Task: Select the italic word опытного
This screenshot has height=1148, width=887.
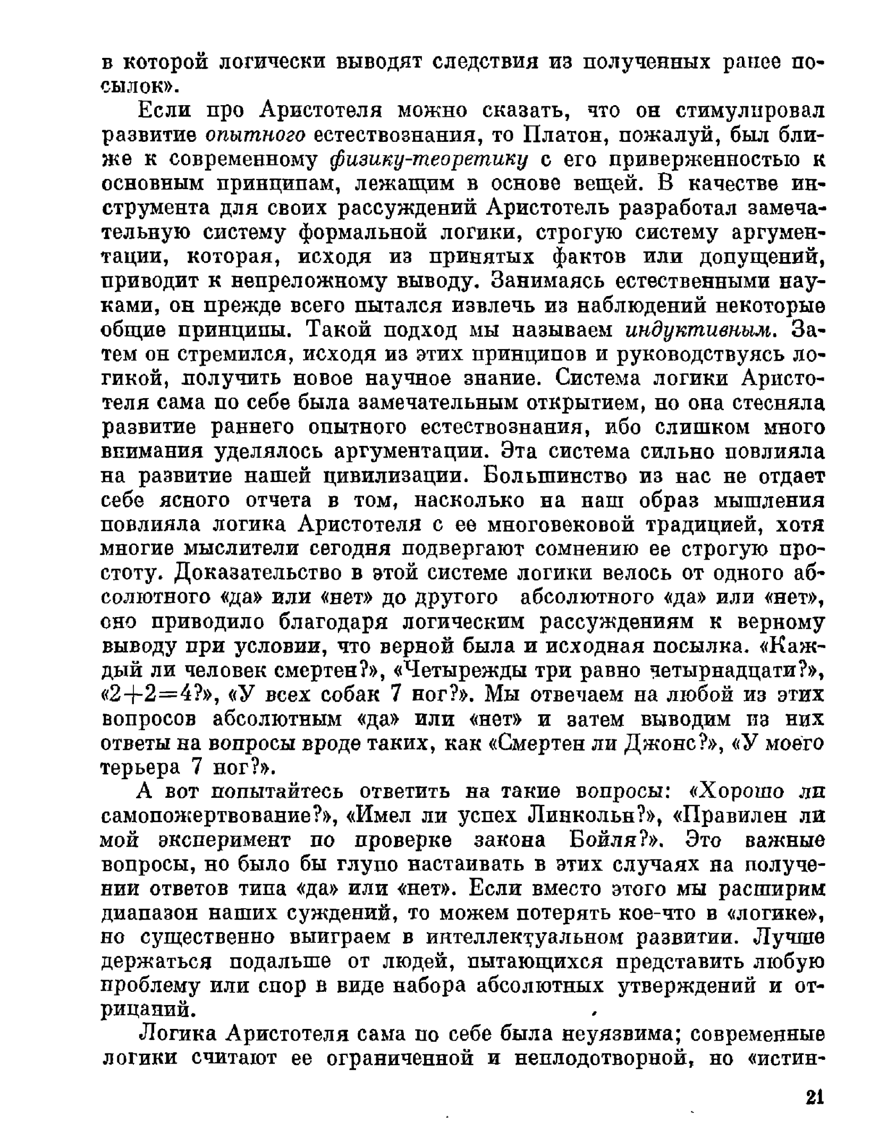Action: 256,136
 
